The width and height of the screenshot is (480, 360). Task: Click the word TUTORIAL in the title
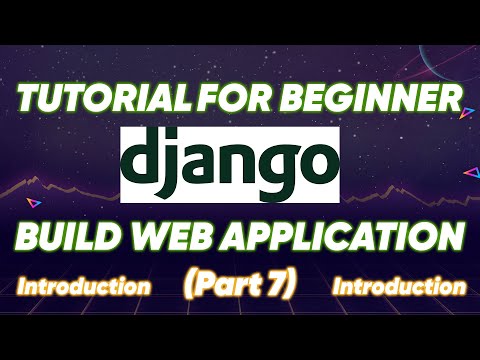[x=99, y=100]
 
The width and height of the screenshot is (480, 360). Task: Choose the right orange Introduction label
[x=399, y=287]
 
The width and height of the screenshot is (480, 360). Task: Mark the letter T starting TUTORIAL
[x=27, y=100]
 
